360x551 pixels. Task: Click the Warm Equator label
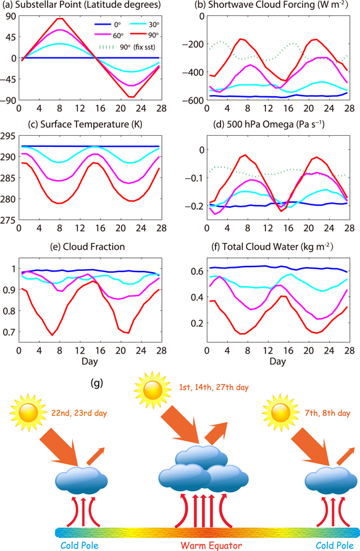click(207, 544)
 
